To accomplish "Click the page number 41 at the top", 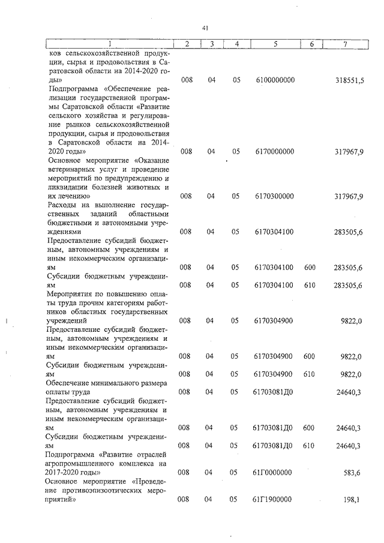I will (205, 28).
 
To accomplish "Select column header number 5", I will (275, 44).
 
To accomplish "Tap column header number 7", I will (344, 44).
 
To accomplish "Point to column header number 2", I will (188, 44).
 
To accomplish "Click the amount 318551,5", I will (349, 80).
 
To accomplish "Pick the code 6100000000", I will (275, 80).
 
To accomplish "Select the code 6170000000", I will (275, 152).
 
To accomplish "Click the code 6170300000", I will (275, 196).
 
